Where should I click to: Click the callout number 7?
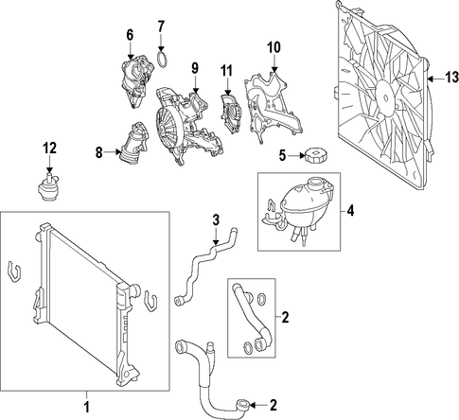pyautogui.click(x=161, y=26)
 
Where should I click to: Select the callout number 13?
pyautogui.click(x=451, y=78)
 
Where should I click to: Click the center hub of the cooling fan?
pyautogui.click(x=386, y=98)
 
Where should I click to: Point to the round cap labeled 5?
pyautogui.click(x=314, y=156)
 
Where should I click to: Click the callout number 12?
pyautogui.click(x=50, y=149)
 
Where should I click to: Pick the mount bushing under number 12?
pyautogui.click(x=47, y=187)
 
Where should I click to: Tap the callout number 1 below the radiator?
pyautogui.click(x=86, y=406)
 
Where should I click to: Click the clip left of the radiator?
pyautogui.click(x=12, y=271)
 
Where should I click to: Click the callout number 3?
pyautogui.click(x=216, y=220)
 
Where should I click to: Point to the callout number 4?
pyautogui.click(x=350, y=211)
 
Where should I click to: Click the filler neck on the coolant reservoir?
pyautogui.click(x=315, y=184)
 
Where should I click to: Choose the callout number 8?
pyautogui.click(x=99, y=152)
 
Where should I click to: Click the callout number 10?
pyautogui.click(x=274, y=47)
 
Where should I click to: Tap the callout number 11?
pyautogui.click(x=227, y=71)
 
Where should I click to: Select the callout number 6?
pyautogui.click(x=130, y=35)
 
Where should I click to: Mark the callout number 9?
pyautogui.click(x=195, y=68)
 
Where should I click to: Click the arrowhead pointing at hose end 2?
pyautogui.click(x=253, y=404)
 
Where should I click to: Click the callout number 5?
pyautogui.click(x=282, y=155)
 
